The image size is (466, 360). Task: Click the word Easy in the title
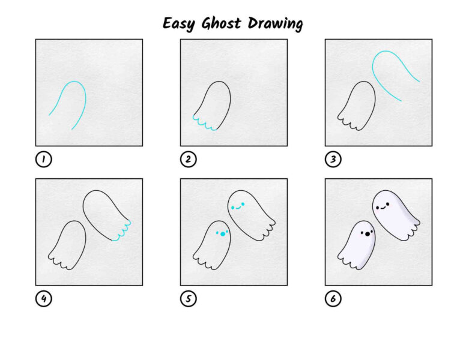click(x=179, y=24)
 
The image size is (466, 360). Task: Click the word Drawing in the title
click(x=275, y=24)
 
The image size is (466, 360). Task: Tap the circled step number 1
click(x=44, y=159)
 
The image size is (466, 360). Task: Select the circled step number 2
click(x=189, y=159)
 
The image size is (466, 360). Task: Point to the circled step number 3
click(x=333, y=159)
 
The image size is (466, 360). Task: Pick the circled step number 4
click(x=44, y=299)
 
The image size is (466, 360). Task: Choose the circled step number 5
click(x=189, y=299)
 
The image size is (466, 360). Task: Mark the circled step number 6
click(x=333, y=299)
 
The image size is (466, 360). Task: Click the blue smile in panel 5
click(x=238, y=208)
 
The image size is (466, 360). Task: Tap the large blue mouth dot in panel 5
click(x=223, y=234)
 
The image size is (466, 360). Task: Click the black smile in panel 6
click(x=383, y=208)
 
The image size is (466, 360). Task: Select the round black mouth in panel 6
click(x=368, y=234)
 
